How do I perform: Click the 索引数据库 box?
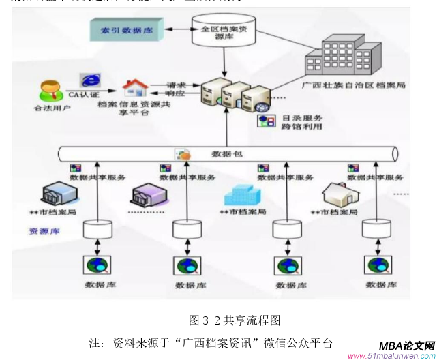click(125, 30)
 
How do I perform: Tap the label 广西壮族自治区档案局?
click(353, 86)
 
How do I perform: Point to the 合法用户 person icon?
click(48, 91)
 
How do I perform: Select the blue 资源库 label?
click(44, 231)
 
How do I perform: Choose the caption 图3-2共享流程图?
click(235, 320)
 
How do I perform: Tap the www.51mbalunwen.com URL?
click(391, 356)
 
